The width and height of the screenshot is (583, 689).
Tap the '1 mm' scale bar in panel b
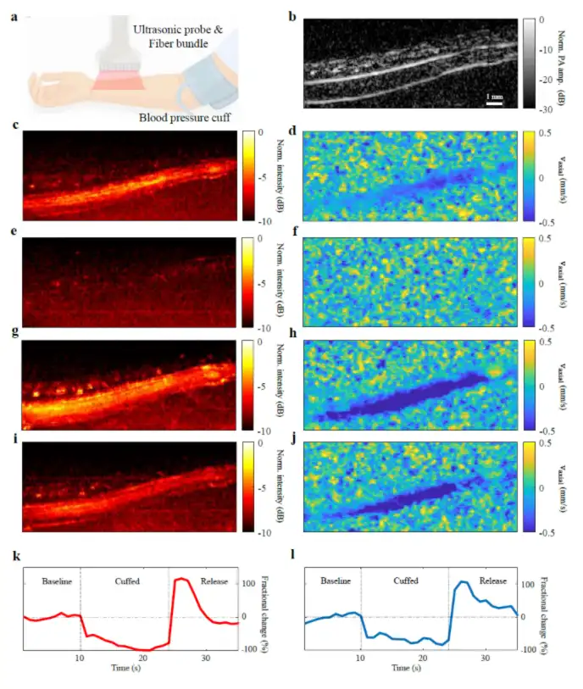point(493,101)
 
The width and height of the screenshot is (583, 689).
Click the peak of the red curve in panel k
point(180,579)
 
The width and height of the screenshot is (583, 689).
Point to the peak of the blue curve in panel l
point(463,581)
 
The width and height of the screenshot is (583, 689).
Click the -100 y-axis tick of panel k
point(249,649)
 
